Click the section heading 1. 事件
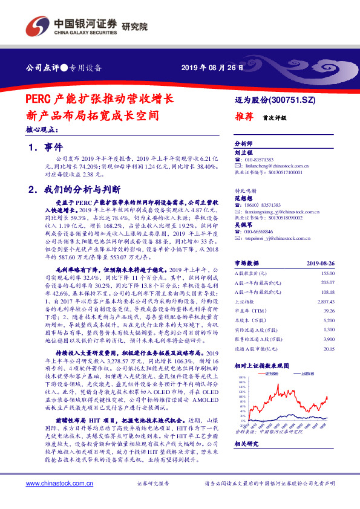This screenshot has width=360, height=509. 46,147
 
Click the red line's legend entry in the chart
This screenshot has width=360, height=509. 270,373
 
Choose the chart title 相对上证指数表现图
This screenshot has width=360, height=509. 261,366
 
